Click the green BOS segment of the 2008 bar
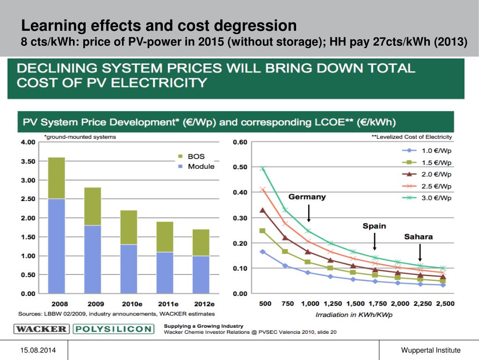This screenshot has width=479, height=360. (57, 178)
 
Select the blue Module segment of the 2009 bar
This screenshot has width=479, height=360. (93, 259)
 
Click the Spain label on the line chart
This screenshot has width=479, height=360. (374, 226)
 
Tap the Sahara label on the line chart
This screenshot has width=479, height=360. (418, 237)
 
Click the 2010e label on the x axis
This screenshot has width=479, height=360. (129, 304)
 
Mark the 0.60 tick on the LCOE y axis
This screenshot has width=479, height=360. (240, 143)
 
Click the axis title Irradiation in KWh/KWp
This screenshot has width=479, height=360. (354, 315)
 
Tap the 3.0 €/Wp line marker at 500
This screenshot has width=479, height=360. (263, 169)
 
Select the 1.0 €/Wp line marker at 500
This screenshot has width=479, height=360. (263, 252)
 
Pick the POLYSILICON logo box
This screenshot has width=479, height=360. (113, 329)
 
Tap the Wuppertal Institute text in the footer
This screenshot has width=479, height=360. (430, 350)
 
